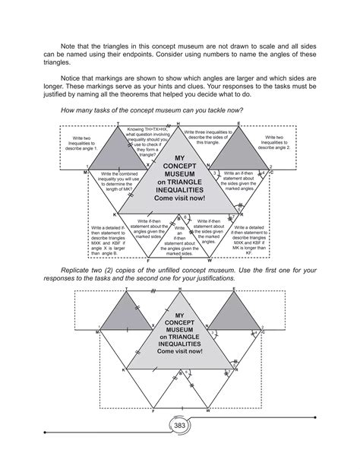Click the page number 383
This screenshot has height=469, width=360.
tap(179, 426)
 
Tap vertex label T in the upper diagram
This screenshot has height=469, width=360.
tap(118, 122)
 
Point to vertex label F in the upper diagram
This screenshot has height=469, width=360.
tap(149, 260)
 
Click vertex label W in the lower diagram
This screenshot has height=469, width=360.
tap(208, 411)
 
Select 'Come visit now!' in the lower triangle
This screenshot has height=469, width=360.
tap(179, 352)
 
